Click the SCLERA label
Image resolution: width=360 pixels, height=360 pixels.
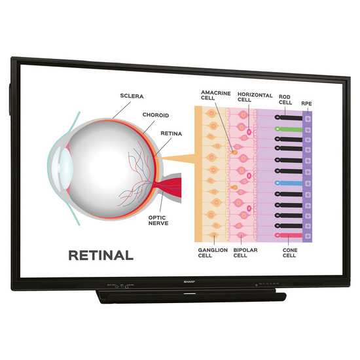pos(132,96)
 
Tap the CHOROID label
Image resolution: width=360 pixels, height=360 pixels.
pos(156,115)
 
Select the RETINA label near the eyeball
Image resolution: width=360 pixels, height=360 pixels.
pos(171,134)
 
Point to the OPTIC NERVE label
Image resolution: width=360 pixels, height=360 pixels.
pos(158,221)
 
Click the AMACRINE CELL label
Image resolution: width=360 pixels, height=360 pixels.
pos(216,96)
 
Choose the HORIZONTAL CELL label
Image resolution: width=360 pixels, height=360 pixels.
pos(255,97)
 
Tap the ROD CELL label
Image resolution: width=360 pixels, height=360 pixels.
pos(285,99)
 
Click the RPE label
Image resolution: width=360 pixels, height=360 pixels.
pos(306,103)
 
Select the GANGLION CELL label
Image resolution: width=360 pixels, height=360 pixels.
pos(213,253)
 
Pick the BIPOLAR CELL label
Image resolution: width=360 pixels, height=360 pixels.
pos(245,253)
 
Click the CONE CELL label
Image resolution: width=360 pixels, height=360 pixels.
pos(290,253)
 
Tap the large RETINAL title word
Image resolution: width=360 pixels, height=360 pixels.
pos(101,255)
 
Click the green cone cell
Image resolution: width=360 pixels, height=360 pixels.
pos(289,129)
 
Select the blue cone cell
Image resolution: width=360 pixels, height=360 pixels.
pos(289,183)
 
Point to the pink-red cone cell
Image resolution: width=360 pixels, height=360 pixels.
pos(289,236)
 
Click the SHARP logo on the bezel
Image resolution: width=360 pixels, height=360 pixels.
pos(189,281)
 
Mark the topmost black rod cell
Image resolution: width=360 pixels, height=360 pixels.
pos(289,118)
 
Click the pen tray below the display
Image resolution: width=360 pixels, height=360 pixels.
pos(191,296)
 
